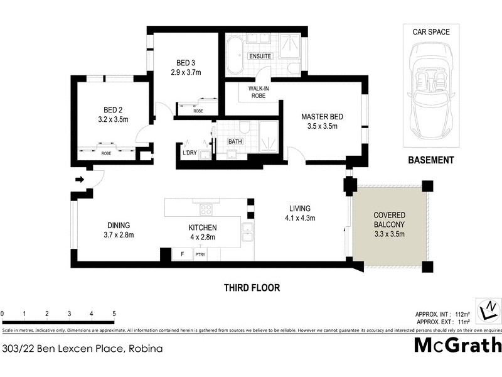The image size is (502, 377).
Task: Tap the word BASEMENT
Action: coord(430,160)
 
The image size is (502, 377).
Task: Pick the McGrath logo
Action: coord(457,346)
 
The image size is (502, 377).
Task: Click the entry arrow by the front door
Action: coord(80,180)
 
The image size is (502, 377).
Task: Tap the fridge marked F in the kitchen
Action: coord(182,254)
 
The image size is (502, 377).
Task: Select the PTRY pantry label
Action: coord(200,254)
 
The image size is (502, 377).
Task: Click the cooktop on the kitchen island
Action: coord(205,209)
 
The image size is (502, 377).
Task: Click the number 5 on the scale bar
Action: coord(114,313)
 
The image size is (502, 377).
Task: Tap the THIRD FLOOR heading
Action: coord(252,288)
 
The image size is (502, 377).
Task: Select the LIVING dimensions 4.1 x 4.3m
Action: coord(299,218)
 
